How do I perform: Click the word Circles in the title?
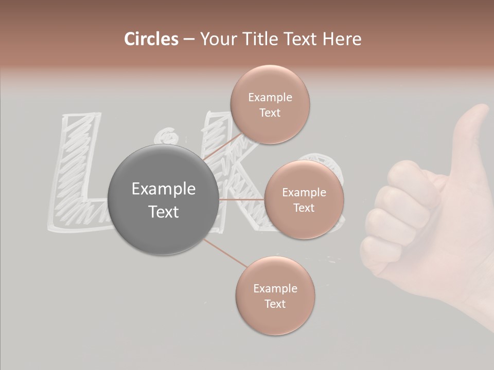click(151, 39)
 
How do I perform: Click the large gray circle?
click(163, 200)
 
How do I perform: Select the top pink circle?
click(270, 104)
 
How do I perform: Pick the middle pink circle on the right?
click(304, 199)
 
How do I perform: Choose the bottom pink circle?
click(275, 295)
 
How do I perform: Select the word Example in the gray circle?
click(164, 189)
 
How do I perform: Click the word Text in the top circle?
click(270, 113)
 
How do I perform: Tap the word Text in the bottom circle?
click(275, 304)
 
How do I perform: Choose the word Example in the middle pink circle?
click(304, 193)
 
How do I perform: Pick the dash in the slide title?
click(188, 40)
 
